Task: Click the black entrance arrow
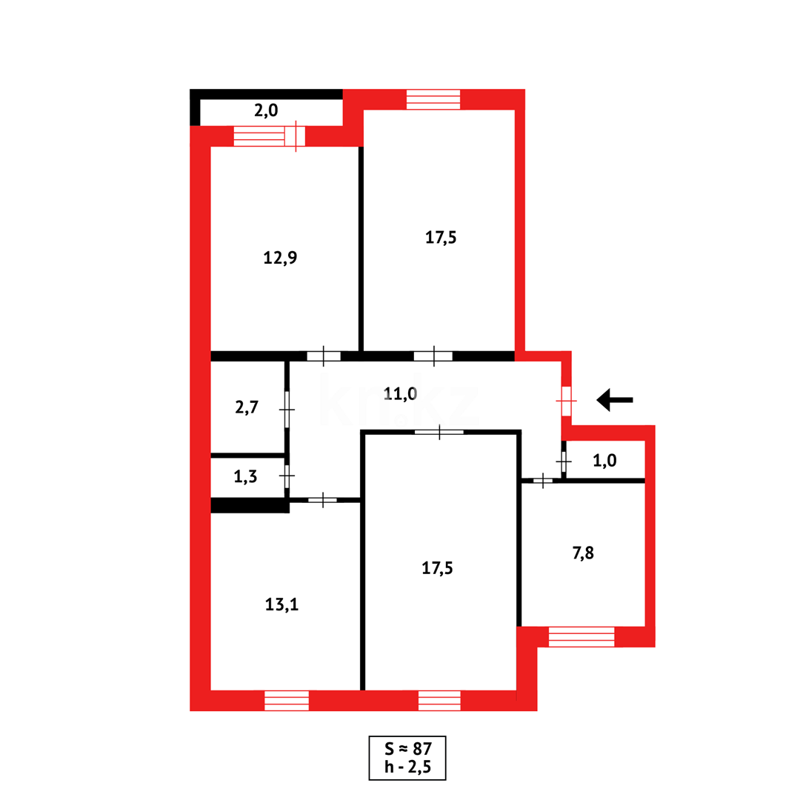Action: pos(614,400)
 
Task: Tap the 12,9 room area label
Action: pos(281,258)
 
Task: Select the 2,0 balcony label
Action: pos(266,110)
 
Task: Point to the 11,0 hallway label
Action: pos(401,393)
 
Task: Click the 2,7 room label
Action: pos(246,407)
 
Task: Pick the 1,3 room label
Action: pos(245,476)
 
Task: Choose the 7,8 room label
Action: pos(583,553)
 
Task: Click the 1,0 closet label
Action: pos(604,460)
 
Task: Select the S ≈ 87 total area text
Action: pos(407,749)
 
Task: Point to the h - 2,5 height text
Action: pos(407,767)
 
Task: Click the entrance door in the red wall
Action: pos(566,401)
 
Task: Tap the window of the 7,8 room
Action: pos(581,636)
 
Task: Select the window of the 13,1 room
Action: pos(287,700)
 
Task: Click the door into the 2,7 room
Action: pos(287,410)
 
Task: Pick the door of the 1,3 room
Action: pos(287,476)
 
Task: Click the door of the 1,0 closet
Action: pos(564,461)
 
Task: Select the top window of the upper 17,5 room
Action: pos(433,99)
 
